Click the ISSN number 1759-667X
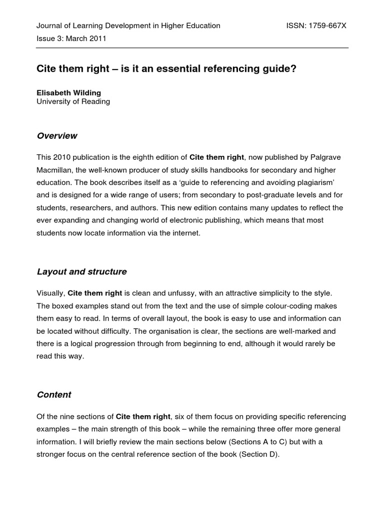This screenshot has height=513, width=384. (x=327, y=26)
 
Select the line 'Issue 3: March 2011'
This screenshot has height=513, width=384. (x=71, y=38)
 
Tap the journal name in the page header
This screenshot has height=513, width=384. (x=128, y=26)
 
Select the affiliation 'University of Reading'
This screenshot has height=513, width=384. (x=73, y=102)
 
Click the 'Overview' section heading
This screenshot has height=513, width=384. (x=57, y=136)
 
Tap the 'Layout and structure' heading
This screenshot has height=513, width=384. (x=81, y=272)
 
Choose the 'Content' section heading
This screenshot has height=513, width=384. (x=54, y=395)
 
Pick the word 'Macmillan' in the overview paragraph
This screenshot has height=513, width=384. (x=54, y=170)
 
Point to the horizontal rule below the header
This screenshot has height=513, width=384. (x=192, y=48)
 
